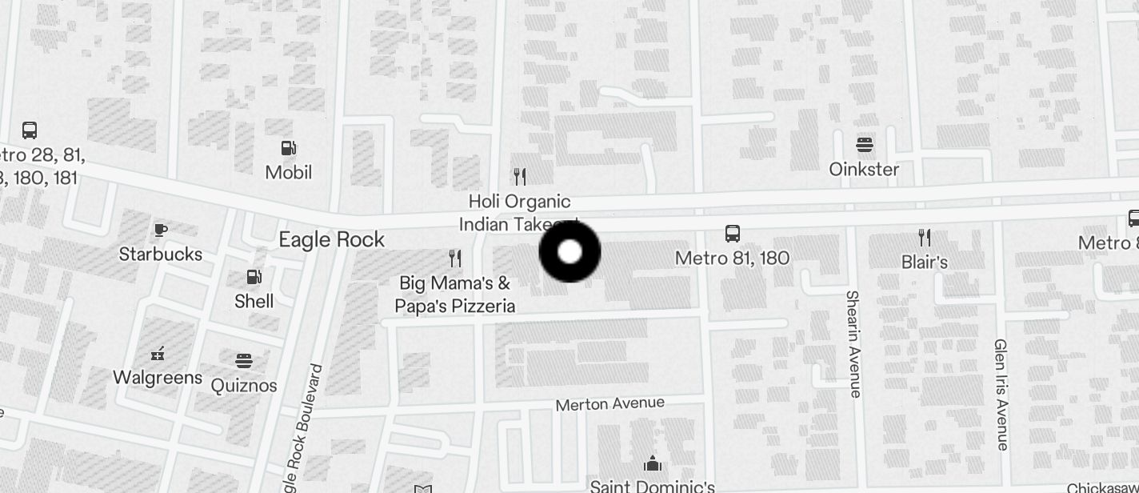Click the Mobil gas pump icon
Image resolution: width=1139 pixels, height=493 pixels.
(x=289, y=148)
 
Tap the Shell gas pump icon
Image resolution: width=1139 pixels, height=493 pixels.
(x=254, y=277)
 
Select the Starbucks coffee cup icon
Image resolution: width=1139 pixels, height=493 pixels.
(x=161, y=230)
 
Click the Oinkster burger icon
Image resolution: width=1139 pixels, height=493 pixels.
(x=864, y=145)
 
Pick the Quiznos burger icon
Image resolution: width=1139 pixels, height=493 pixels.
(x=244, y=361)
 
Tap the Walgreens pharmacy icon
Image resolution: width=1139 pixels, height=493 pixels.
(x=158, y=353)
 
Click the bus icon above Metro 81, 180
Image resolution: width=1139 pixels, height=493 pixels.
(x=732, y=234)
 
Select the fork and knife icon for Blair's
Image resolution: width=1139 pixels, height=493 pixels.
(x=925, y=237)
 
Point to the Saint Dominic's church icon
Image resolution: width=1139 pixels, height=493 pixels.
(x=653, y=464)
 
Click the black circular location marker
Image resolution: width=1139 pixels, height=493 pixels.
(x=569, y=252)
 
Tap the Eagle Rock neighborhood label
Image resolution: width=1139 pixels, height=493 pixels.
(x=331, y=239)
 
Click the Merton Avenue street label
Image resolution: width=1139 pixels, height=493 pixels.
(x=609, y=403)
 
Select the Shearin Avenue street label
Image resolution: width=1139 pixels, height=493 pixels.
(x=853, y=343)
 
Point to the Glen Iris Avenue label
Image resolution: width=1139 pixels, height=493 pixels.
(x=1001, y=394)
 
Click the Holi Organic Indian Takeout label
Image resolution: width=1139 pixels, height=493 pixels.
(x=519, y=213)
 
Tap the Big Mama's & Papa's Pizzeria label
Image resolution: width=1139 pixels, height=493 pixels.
(x=456, y=295)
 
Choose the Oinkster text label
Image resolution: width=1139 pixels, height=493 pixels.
(x=864, y=170)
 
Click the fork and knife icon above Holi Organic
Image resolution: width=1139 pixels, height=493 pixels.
(x=520, y=176)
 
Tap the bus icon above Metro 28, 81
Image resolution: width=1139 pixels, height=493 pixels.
(x=30, y=130)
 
